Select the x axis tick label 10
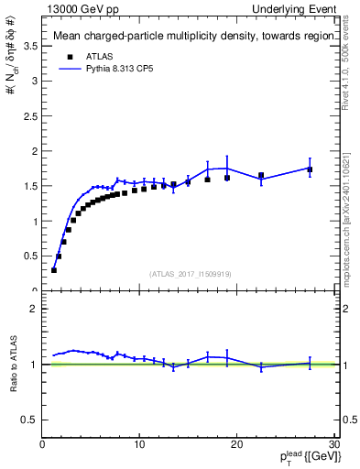(139, 444)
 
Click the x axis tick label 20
(236, 444)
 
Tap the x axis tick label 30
(333, 444)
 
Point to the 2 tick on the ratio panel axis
(34, 309)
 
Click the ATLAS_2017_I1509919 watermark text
(189, 273)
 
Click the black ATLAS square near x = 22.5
(261, 175)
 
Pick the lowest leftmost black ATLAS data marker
(54, 270)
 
